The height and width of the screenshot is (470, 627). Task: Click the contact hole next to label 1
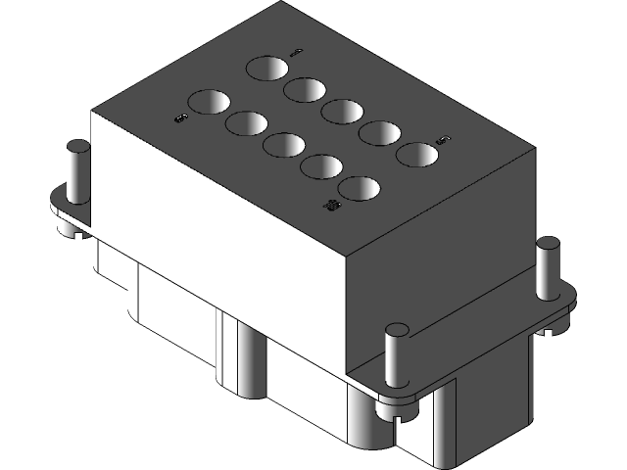point(266,70)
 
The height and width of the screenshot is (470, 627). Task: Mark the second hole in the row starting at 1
point(305,90)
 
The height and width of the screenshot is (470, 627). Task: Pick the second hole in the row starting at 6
point(246,123)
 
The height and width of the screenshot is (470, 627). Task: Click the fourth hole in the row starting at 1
point(379,132)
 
